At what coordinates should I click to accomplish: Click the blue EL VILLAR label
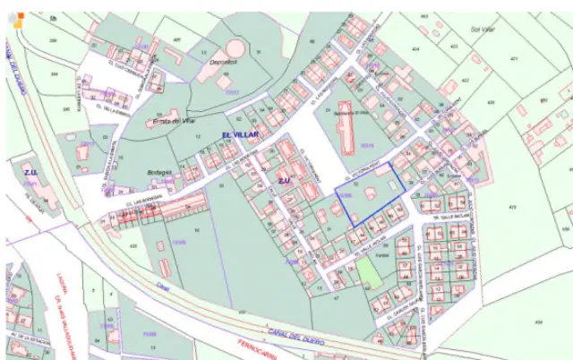click(239, 134)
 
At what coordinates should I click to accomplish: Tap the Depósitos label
click(223, 63)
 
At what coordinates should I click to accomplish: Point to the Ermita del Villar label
click(175, 120)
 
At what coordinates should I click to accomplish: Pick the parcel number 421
click(514, 58)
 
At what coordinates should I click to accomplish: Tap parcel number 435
click(133, 244)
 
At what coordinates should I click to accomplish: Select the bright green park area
click(368, 273)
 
